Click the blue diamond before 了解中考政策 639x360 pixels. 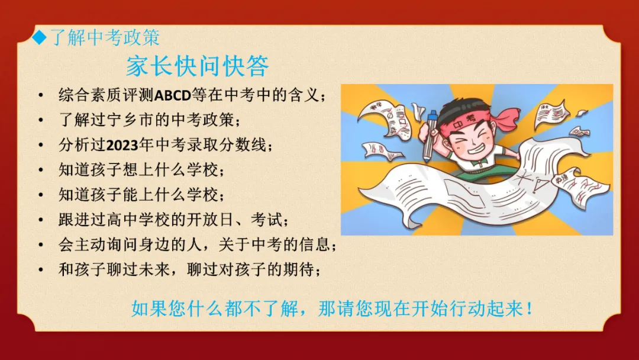[x=39, y=38]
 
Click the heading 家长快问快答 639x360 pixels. [x=197, y=66]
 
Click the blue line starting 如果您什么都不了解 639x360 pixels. [x=331, y=308]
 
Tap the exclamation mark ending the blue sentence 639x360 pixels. [x=529, y=308]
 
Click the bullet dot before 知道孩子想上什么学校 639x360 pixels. [x=40, y=170]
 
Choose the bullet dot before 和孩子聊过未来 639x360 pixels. [x=40, y=270]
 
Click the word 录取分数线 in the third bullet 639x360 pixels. [x=228, y=145]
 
